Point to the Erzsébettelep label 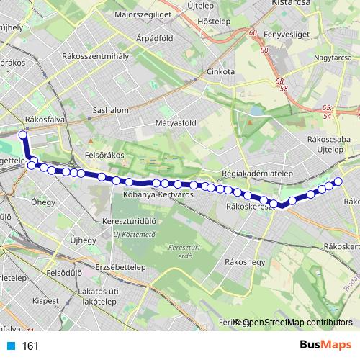[x=120, y=266]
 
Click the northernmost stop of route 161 [x=22, y=135]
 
